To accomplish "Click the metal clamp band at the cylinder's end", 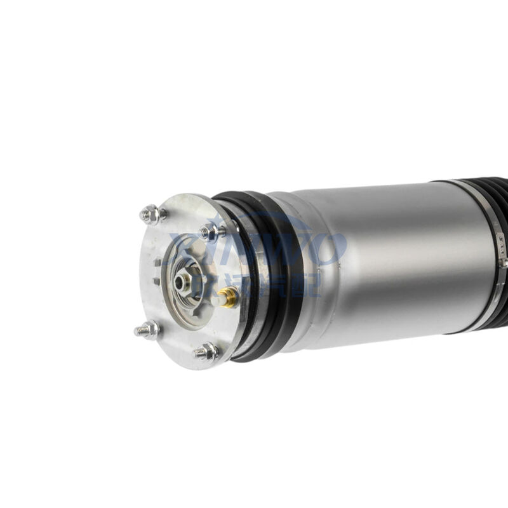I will coord(492,254).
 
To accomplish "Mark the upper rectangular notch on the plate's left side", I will coord(157,261).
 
